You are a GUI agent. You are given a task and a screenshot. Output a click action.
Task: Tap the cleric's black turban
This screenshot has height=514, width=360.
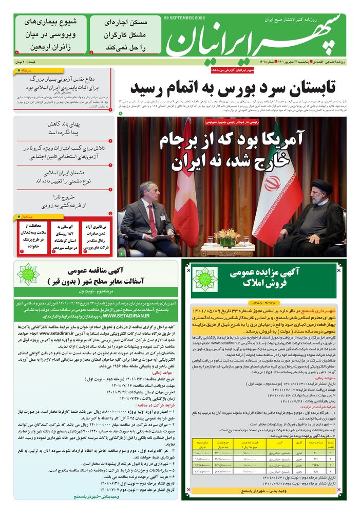tap(322, 186)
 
